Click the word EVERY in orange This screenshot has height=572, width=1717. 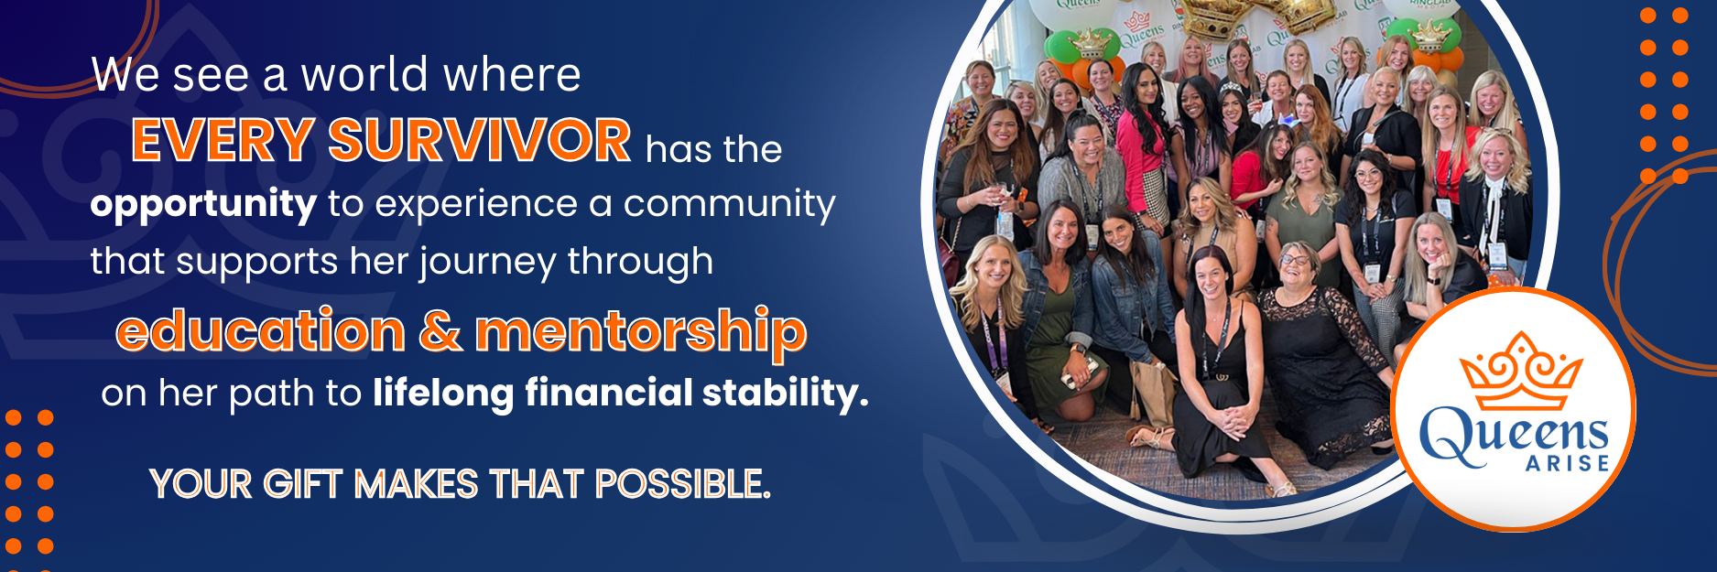pyautogui.click(x=223, y=141)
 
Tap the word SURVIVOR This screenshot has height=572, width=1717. pyautogui.click(x=479, y=141)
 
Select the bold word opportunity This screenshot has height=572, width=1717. pyautogui.click(x=203, y=204)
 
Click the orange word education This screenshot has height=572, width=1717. pyautogui.click(x=261, y=330)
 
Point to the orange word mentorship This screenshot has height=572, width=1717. pyautogui.click(x=641, y=331)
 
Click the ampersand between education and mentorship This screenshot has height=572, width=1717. pyautogui.click(x=440, y=330)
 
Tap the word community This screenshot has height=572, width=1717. pyautogui.click(x=729, y=204)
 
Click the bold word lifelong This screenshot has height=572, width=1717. pyautogui.click(x=442, y=393)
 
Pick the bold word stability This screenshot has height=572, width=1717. pyautogui.click(x=785, y=393)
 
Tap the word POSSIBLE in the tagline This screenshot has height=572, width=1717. pyautogui.click(x=682, y=484)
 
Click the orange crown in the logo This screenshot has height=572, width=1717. pyautogui.click(x=1519, y=371)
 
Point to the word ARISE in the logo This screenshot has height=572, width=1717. pyautogui.click(x=1567, y=464)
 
